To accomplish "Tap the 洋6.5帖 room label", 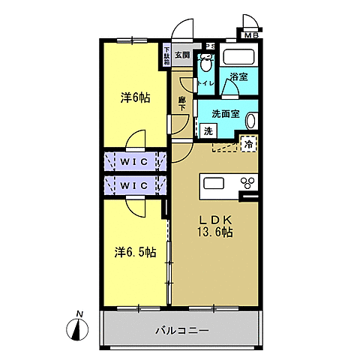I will pos(136,252).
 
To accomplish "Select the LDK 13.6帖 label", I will pos(215,226).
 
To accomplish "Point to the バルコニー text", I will pos(182,329).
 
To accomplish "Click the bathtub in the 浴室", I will pos(241,58).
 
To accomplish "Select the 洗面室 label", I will pos(225,115).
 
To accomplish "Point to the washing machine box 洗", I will pos(208,130).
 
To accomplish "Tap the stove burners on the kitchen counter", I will pos(247,183).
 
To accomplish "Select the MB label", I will pos(249,34).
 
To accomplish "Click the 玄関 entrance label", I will pos(182,55).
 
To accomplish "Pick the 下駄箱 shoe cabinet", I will pos(166,55).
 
